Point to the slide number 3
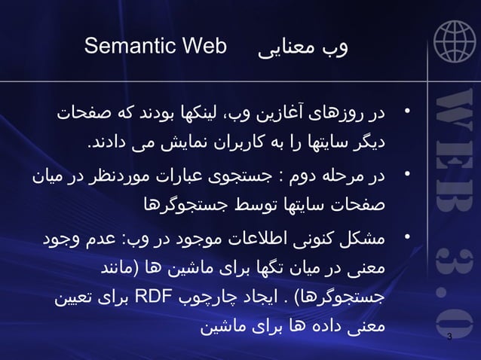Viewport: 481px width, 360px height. (449, 336)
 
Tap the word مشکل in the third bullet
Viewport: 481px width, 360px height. (365, 240)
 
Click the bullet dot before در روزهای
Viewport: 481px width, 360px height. (406, 114)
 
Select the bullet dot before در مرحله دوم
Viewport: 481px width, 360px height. (406, 175)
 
